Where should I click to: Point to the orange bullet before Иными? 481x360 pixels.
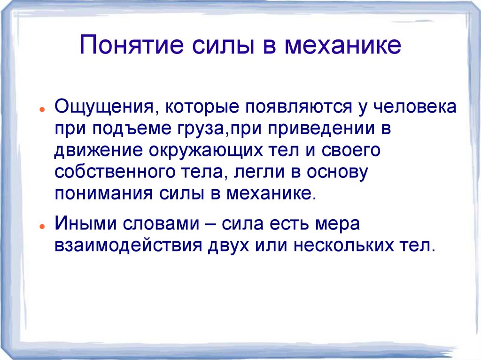pyautogui.click(x=42, y=226)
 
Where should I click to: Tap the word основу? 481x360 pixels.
pyautogui.click(x=336, y=172)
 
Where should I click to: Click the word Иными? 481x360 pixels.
pyautogui.click(x=86, y=224)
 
